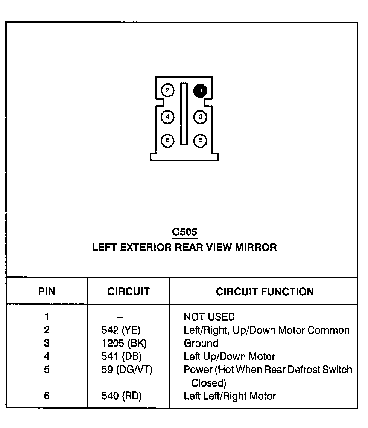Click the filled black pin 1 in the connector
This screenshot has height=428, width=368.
point(201,90)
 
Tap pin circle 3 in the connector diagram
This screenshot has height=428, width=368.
point(201,117)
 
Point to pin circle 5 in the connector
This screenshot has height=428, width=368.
point(201,141)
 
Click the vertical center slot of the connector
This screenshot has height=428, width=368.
point(184,113)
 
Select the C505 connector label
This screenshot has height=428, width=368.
point(184,232)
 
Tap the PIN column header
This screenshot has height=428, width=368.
point(47,292)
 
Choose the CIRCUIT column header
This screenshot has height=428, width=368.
point(128,292)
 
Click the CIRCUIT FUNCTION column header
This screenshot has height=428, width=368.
point(265,292)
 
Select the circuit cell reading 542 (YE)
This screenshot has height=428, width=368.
point(121,330)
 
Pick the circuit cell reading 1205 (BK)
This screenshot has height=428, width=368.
point(124,344)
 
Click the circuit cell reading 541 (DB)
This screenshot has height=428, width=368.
point(122,356)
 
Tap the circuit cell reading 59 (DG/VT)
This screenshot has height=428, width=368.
point(127,370)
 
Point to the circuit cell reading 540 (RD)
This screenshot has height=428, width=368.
point(122,396)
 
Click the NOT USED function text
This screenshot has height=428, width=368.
point(209,317)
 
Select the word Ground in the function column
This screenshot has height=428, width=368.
point(201,344)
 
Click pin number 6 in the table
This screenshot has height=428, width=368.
point(47,396)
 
